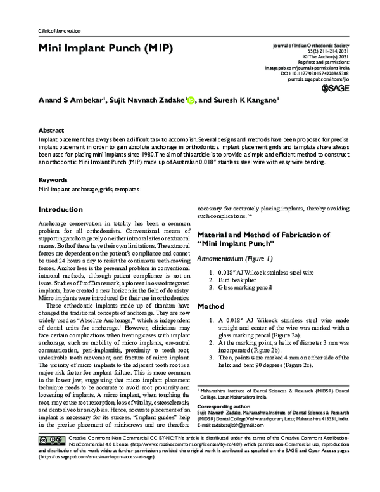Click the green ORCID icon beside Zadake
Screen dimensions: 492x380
coord(191,100)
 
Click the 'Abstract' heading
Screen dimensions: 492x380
coord(51,128)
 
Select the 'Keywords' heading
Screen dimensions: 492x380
coord(53,180)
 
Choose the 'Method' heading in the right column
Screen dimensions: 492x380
coord(211,306)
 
